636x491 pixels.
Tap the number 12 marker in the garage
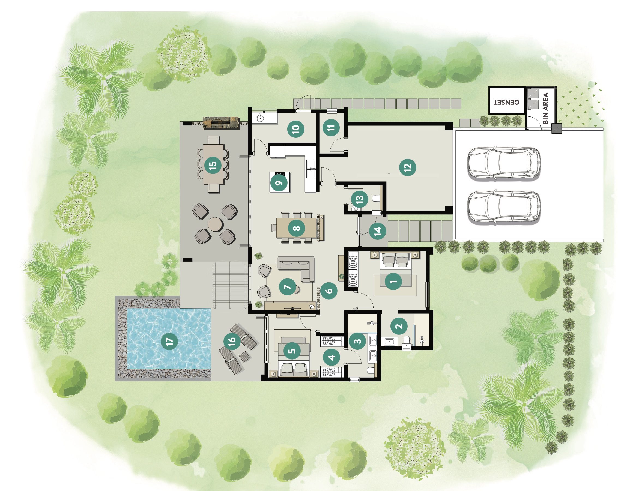[407, 167]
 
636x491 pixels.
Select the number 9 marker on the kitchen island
[279, 182]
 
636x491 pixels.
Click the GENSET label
[506, 102]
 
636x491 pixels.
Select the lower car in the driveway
[504, 208]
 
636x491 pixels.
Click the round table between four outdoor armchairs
[215, 224]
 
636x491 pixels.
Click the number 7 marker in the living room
[287, 287]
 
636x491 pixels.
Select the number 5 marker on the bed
[292, 350]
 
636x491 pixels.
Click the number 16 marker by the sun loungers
[232, 341]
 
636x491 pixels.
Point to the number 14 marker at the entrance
[377, 231]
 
